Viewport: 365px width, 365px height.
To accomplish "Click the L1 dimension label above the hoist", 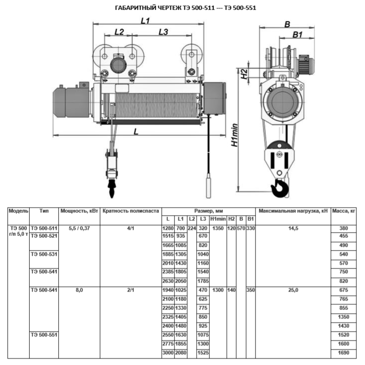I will (x=145, y=21).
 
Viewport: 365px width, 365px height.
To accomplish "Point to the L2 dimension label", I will (x=119, y=32).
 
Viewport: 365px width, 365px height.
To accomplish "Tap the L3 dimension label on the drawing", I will (x=163, y=32).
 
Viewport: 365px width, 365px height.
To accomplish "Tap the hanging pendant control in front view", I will (x=208, y=182).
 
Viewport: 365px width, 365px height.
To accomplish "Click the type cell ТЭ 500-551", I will (x=45, y=335).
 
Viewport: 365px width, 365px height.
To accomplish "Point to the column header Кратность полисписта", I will (x=131, y=211).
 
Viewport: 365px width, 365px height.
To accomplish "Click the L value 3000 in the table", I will (x=168, y=353).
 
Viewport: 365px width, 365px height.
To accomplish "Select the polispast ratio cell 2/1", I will (x=131, y=291).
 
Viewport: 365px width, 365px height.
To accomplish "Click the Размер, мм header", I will (x=208, y=211).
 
